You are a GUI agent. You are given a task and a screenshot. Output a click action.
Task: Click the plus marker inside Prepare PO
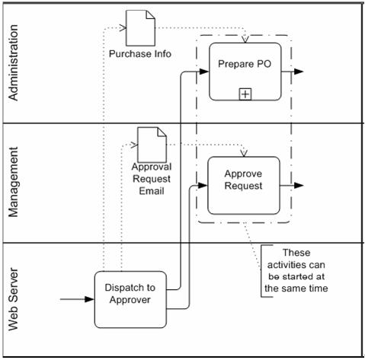tap(245, 94)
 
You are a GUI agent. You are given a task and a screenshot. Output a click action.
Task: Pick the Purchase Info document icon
tap(137, 27)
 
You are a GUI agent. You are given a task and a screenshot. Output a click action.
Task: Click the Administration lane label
tap(13, 62)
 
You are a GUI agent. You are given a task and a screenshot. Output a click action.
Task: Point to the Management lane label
tap(13, 183)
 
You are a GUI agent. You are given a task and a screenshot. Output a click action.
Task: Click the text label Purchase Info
tap(139, 54)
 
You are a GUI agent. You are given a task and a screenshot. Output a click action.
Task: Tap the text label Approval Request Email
tap(151, 179)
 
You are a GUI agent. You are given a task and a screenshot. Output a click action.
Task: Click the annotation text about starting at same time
tap(296, 270)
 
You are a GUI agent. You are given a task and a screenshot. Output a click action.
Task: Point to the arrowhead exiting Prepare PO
tap(299, 72)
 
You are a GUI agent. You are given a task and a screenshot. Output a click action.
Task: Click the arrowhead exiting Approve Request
tap(299, 185)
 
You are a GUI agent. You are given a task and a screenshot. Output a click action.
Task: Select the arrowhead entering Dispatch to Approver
tap(90, 298)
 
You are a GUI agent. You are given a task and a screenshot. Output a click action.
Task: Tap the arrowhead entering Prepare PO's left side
tap(204, 72)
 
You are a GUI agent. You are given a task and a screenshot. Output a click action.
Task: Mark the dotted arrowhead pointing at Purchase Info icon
tap(122, 27)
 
